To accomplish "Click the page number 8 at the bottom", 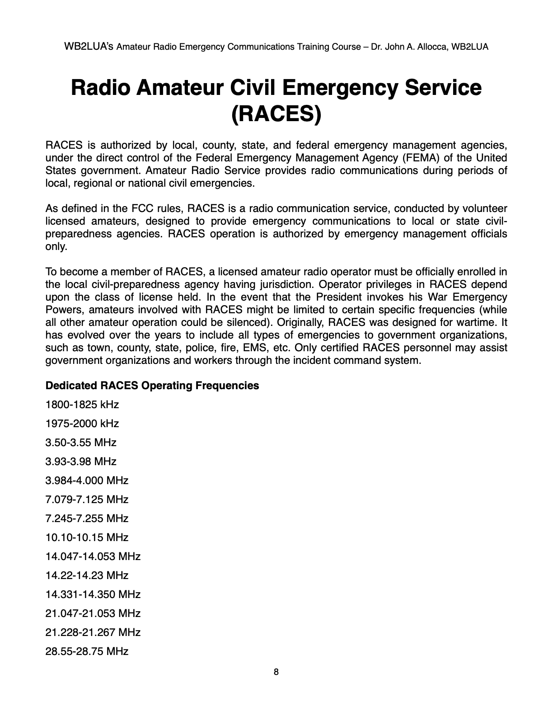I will click(276, 672).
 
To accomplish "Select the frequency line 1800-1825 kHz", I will click(82, 405).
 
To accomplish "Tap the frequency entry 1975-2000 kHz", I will click(82, 424).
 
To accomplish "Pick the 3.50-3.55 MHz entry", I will click(81, 443).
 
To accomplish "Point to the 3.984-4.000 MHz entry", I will click(87, 480).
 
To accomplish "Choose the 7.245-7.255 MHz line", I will click(87, 518).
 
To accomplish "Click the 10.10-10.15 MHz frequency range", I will click(87, 537).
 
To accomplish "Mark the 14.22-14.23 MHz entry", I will click(87, 575).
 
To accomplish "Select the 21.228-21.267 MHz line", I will click(93, 632).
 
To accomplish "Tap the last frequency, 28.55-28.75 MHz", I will click(87, 651).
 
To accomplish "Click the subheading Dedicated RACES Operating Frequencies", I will click(152, 386).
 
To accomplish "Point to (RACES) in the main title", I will click(276, 113).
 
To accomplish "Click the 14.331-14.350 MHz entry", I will click(93, 594).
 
